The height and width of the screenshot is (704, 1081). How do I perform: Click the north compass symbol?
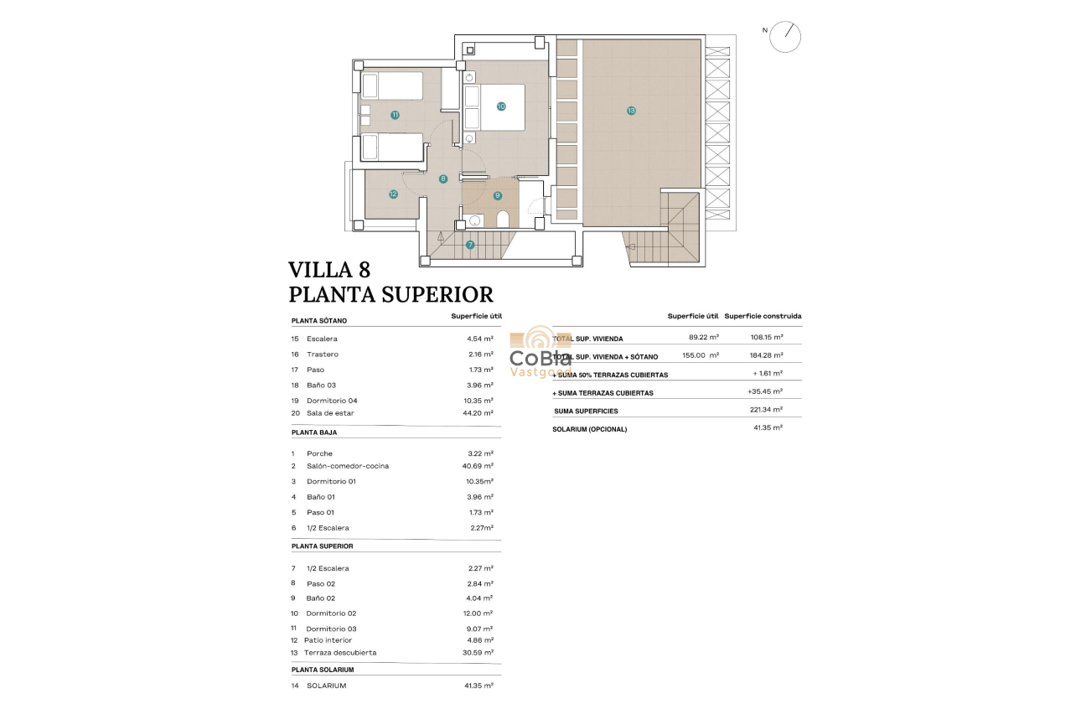(x=785, y=37)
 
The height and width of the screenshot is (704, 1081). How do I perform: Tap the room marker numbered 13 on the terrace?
(x=631, y=111)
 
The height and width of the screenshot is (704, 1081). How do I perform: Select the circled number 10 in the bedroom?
(x=501, y=106)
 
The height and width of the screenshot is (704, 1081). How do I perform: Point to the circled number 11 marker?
(x=395, y=115)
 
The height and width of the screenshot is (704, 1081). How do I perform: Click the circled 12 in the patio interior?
(x=393, y=194)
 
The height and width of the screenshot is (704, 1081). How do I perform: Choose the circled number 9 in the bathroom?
(x=498, y=195)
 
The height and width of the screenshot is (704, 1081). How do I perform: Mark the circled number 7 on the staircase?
(x=470, y=245)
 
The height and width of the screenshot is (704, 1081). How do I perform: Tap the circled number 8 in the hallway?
(x=443, y=179)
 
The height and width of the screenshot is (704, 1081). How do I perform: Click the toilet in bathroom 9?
(x=503, y=220)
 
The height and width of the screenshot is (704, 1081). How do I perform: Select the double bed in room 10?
(x=494, y=106)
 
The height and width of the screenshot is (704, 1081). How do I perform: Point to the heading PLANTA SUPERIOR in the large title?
(x=391, y=294)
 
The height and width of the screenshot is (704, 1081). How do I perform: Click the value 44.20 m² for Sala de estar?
(x=479, y=413)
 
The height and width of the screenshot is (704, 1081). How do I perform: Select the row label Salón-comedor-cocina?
(x=347, y=466)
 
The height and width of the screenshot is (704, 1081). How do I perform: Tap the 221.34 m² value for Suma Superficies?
(x=766, y=410)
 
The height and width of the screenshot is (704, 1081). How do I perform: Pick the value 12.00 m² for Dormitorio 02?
(x=479, y=613)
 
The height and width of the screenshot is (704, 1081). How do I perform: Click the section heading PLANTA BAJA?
(x=314, y=432)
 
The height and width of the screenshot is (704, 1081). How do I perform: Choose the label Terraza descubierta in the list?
(x=341, y=653)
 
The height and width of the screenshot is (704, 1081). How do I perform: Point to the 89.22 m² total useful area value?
(x=701, y=338)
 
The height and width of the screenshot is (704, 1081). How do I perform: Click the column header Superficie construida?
(x=763, y=316)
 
